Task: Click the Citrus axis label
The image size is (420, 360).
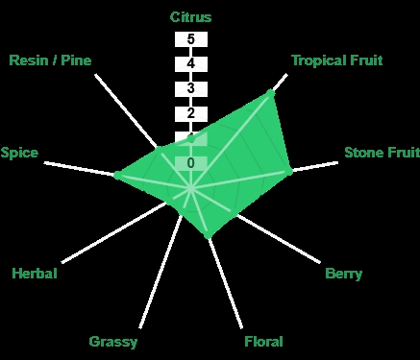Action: pyautogui.click(x=190, y=17)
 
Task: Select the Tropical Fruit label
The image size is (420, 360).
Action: pyautogui.click(x=337, y=60)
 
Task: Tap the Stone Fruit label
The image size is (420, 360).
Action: pyautogui.click(x=382, y=153)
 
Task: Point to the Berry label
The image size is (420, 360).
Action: pyautogui.click(x=343, y=274)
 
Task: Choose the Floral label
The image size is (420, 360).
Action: pyautogui.click(x=263, y=342)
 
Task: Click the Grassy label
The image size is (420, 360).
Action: pyautogui.click(x=113, y=342)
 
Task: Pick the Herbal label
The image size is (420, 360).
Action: pyautogui.click(x=35, y=274)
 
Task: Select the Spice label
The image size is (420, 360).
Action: pyautogui.click(x=19, y=153)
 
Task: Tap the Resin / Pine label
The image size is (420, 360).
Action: pyautogui.click(x=50, y=60)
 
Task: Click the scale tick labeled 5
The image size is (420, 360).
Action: pyautogui.click(x=191, y=39)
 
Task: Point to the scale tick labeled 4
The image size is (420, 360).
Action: pyautogui.click(x=191, y=63)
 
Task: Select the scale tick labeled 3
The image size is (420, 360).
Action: pyautogui.click(x=191, y=88)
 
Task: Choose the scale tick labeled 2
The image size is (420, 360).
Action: pyautogui.click(x=191, y=113)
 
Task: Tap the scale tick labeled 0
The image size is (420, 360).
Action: pyautogui.click(x=191, y=163)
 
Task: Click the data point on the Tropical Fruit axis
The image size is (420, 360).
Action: pyautogui.click(x=270, y=93)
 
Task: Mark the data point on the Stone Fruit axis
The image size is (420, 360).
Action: pyautogui.click(x=288, y=171)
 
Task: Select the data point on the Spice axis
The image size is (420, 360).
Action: pyautogui.click(x=117, y=175)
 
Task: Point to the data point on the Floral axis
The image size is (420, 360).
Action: pyautogui.click(x=208, y=235)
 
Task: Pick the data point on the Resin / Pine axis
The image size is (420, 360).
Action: pyautogui.click(x=158, y=149)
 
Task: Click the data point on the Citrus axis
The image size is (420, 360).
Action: pyautogui.click(x=191, y=139)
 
